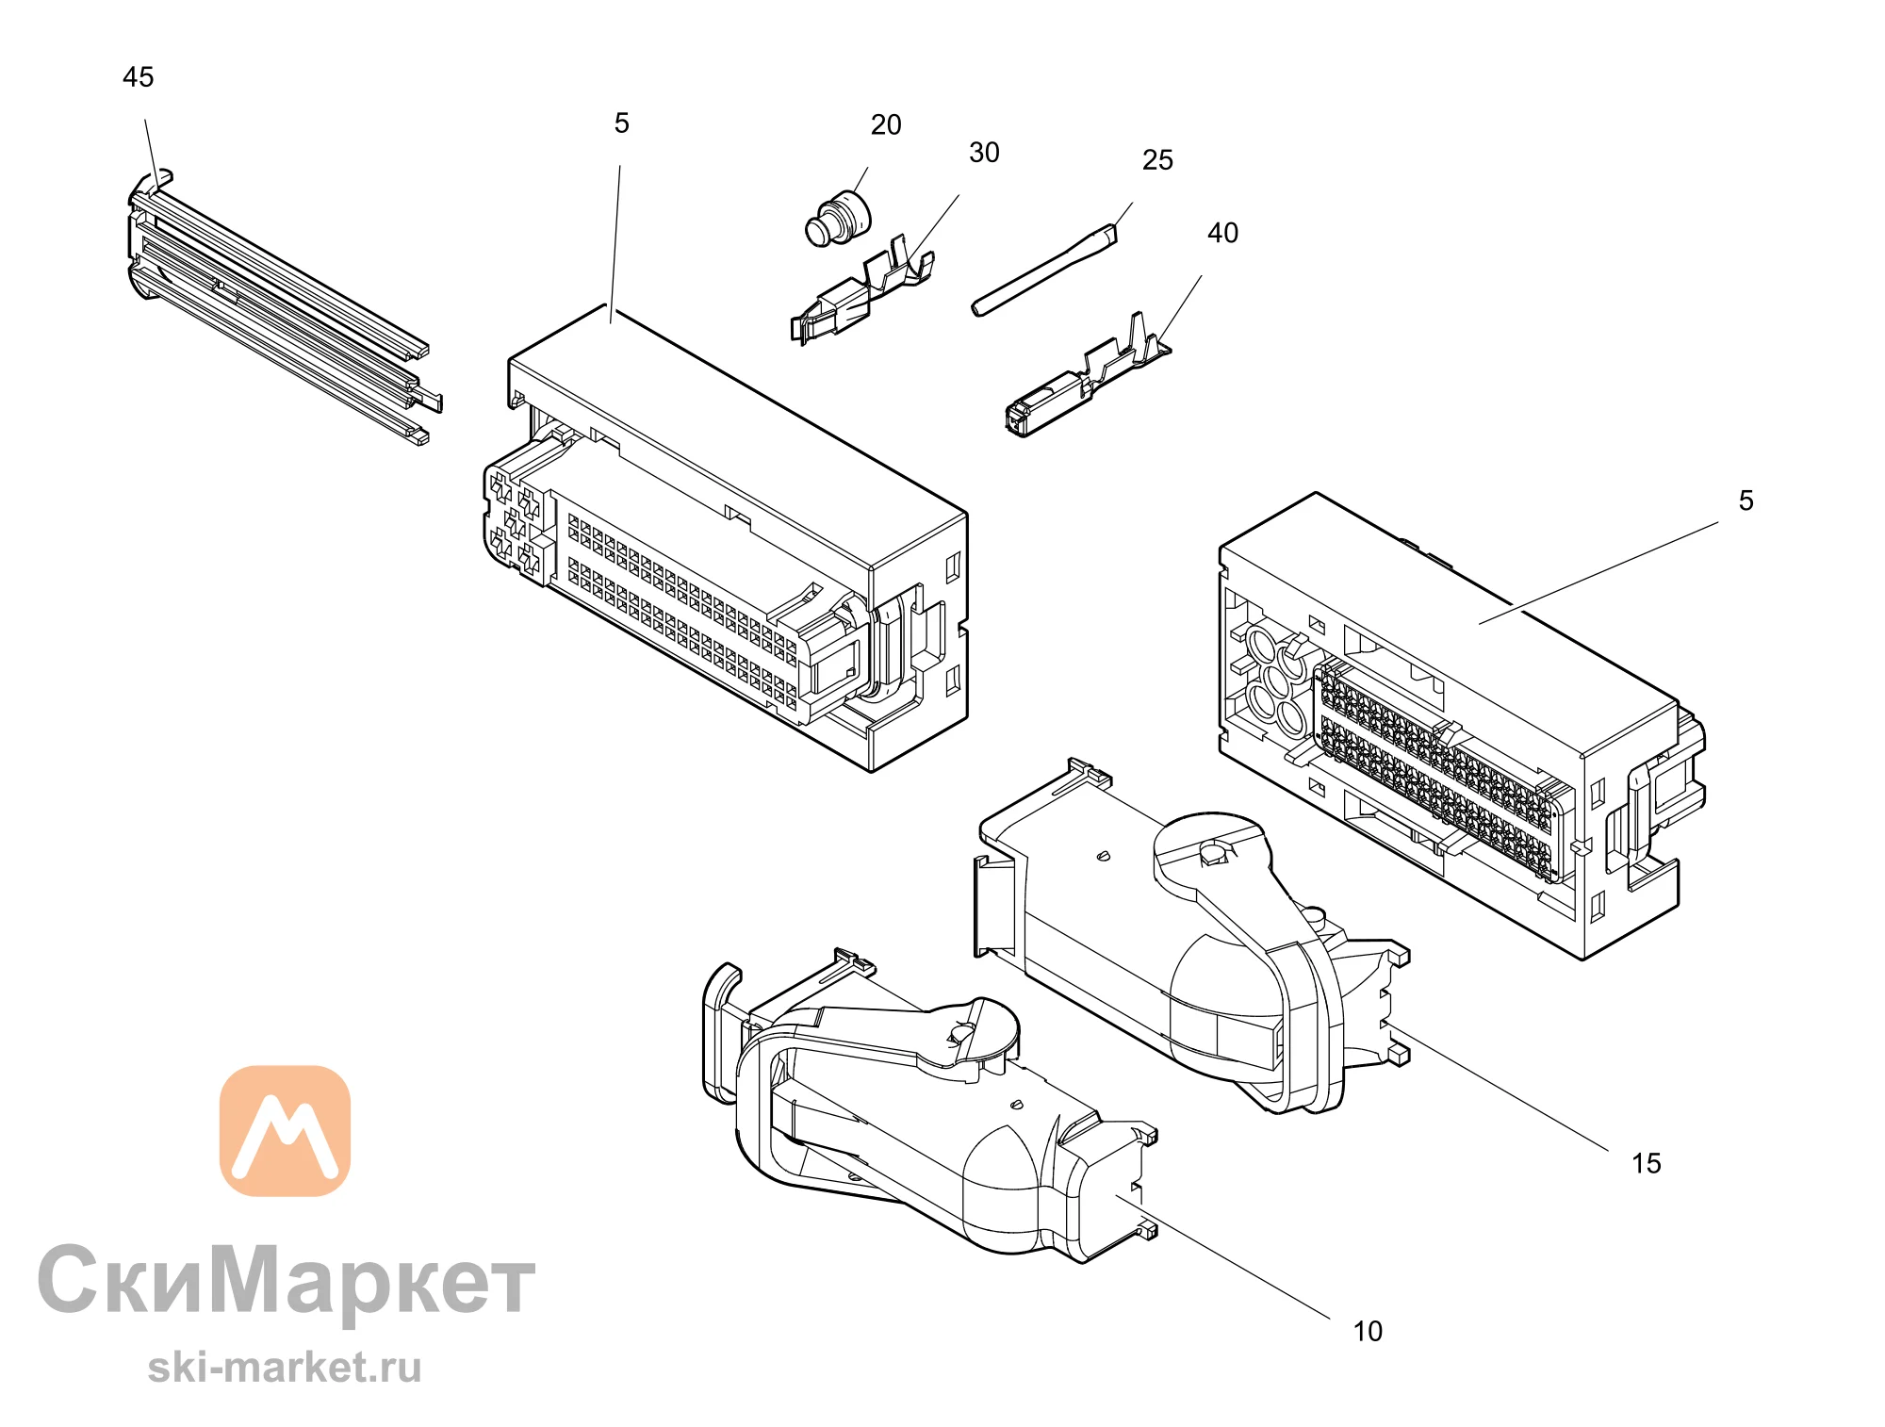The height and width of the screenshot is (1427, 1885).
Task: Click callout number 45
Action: point(138,77)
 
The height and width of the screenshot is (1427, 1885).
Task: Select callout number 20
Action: point(886,124)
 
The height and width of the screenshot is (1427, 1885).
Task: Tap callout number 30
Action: point(984,153)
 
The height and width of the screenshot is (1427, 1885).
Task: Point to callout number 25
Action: point(1157,160)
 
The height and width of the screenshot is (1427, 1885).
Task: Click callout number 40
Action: point(1222,233)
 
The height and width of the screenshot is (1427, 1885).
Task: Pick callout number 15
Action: point(1647,1163)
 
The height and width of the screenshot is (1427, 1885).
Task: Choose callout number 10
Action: point(1368,1331)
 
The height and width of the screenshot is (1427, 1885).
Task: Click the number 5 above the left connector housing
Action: point(621,123)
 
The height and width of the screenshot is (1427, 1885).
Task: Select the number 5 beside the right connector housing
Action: point(1746,500)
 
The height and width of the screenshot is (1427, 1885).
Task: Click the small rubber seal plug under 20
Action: point(839,219)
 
